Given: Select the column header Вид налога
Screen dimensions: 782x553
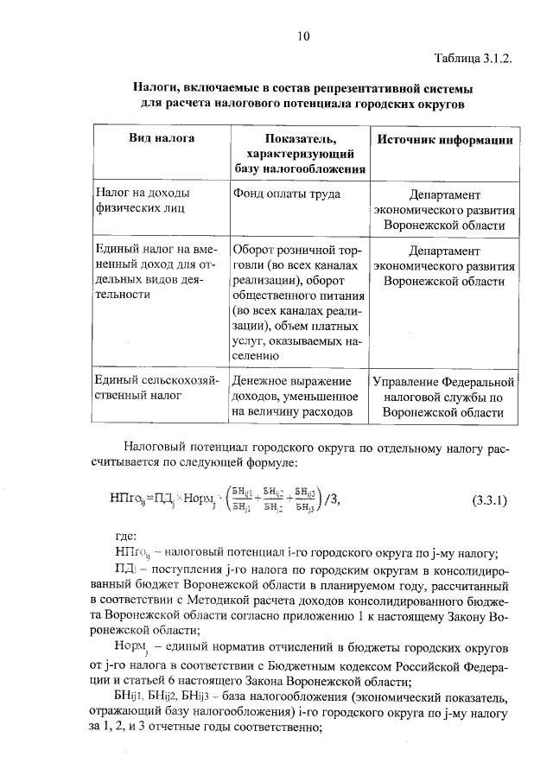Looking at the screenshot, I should pyautogui.click(x=162, y=138).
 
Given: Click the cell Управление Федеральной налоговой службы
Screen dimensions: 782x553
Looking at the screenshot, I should pyautogui.click(x=443, y=397).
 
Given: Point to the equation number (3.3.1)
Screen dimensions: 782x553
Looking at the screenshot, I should pyautogui.click(x=490, y=500).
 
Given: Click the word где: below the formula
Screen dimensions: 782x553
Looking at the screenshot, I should pyautogui.click(x=125, y=537).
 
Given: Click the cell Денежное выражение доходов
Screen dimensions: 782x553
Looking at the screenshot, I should pyautogui.click(x=296, y=397).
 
